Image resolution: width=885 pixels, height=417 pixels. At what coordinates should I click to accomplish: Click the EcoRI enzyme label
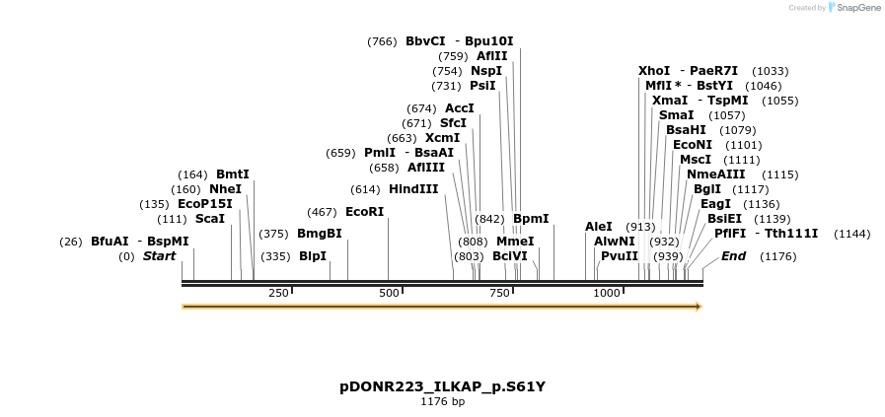pos(364,211)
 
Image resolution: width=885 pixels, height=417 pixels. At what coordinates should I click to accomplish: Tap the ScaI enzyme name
pos(209,219)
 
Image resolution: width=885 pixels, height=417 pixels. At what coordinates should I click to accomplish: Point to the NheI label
pos(225,189)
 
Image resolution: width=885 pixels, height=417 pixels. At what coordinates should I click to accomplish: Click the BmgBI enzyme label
pos(320,234)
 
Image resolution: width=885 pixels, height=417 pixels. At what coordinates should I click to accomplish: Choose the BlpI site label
pos(312,256)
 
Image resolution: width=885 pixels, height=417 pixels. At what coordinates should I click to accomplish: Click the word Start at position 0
pos(159,256)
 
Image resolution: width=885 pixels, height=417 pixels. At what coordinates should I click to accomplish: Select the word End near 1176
pos(733,256)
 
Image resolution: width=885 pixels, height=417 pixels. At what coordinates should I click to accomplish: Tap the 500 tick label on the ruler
pos(389,293)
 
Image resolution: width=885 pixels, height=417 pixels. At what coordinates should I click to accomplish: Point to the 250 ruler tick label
pos(278,293)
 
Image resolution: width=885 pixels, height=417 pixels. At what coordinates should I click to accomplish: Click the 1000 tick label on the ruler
pos(607,293)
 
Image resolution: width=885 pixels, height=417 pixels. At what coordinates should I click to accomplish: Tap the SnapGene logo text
pos(854,8)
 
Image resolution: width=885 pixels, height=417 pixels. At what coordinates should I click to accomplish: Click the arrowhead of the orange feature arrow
pos(697,307)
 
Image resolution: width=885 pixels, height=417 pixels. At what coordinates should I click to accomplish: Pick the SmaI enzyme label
pos(676,115)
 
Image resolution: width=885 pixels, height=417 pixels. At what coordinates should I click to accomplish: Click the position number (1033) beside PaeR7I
pos(770,71)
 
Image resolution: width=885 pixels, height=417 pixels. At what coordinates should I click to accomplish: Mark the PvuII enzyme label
pos(620,256)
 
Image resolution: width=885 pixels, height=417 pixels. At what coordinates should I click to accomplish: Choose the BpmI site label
pos(531,219)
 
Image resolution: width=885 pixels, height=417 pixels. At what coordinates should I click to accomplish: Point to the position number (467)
pos(322,212)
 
